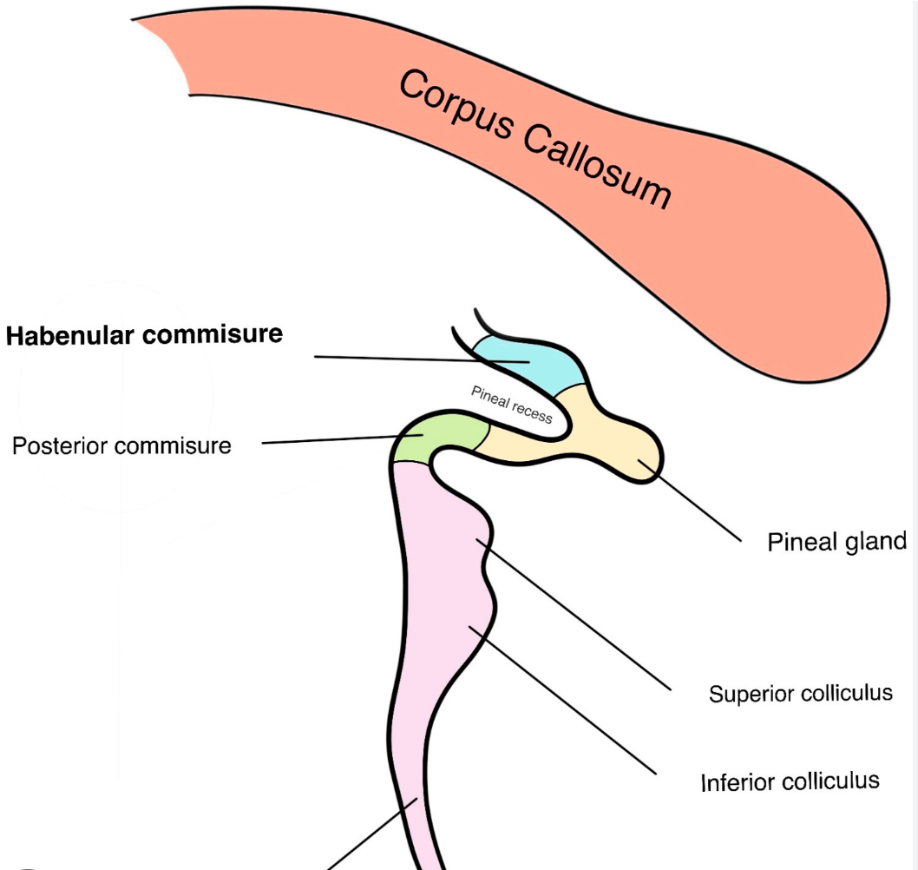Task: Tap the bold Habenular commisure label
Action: [144, 334]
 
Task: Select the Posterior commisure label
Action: [121, 446]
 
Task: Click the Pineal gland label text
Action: [836, 542]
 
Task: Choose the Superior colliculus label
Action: [800, 694]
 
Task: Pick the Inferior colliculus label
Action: [790, 781]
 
